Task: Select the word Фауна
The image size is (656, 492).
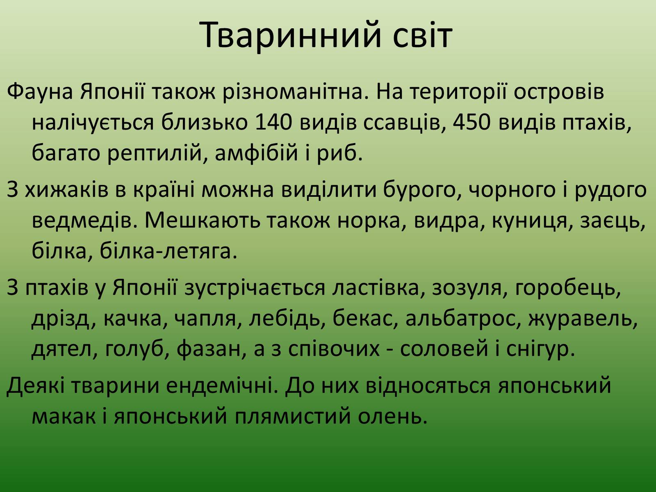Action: coord(40,91)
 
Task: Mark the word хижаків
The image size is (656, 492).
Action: coord(66,190)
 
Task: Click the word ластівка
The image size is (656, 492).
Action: coord(378,288)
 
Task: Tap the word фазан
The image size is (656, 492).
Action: coord(212,349)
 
